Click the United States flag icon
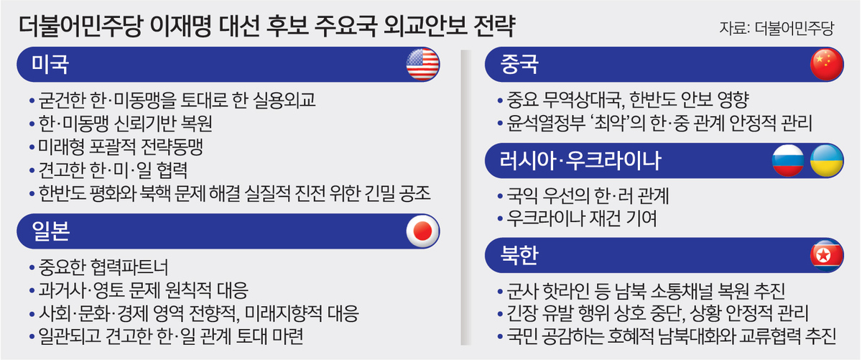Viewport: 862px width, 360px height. (422, 64)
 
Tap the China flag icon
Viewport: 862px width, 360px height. (827, 64)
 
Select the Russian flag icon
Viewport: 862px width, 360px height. (788, 160)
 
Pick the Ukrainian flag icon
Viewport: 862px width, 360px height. (827, 160)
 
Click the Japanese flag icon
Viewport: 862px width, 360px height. (422, 231)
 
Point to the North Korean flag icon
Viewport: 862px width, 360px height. (827, 255)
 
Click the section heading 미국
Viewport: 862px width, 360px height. (50, 64)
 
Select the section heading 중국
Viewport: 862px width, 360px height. (519, 64)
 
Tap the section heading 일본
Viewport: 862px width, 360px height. (50, 231)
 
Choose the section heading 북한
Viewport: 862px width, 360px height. (519, 255)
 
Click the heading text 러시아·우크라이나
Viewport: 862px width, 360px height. (580, 160)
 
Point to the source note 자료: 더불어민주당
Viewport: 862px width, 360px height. (777, 28)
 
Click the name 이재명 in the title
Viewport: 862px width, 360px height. (180, 26)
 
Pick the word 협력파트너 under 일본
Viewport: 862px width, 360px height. (129, 267)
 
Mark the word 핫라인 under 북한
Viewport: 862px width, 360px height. (565, 291)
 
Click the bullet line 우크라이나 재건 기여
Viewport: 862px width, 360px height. (581, 218)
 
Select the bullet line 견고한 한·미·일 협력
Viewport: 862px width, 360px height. (113, 170)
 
